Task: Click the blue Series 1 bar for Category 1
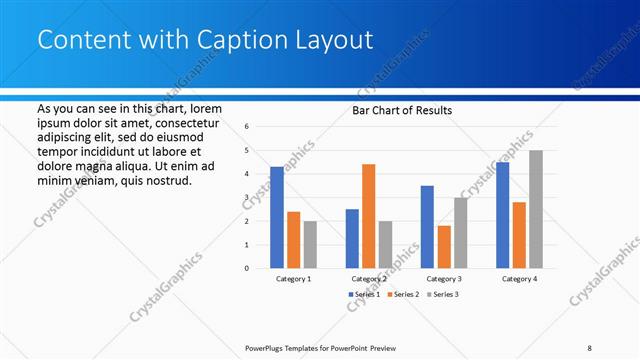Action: point(277,217)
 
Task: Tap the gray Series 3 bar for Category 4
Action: point(536,209)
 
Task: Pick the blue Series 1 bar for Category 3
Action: point(427,227)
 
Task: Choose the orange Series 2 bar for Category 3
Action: point(444,247)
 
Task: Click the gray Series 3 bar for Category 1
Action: point(310,245)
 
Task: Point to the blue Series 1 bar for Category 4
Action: point(502,215)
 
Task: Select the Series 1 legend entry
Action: point(363,295)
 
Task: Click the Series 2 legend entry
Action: point(403,295)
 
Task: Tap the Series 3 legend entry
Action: point(444,295)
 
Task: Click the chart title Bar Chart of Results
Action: point(403,110)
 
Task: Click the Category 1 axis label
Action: point(293,279)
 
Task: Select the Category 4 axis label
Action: point(519,279)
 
